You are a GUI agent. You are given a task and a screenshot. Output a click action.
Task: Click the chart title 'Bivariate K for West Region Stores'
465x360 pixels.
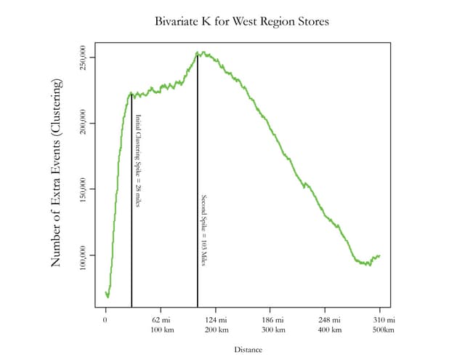click(x=242, y=21)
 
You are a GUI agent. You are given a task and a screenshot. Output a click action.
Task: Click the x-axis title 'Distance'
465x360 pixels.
click(x=248, y=349)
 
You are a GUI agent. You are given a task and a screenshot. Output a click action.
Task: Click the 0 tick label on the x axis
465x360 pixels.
click(x=106, y=320)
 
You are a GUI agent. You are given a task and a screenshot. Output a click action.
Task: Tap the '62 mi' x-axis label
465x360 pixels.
click(x=161, y=320)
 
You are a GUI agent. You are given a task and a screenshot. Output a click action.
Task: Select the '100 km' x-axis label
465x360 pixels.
click(x=161, y=330)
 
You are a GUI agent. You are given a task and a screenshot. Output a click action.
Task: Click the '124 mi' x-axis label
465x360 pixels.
click(x=217, y=320)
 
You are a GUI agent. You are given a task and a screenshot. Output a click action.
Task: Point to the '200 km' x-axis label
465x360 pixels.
click(x=217, y=330)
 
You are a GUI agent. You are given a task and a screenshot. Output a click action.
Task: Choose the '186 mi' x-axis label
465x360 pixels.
click(x=271, y=320)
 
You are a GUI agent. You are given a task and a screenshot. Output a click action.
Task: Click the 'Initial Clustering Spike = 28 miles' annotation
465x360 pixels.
click(x=138, y=152)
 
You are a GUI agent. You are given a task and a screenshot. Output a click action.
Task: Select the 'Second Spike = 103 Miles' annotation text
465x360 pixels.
click(x=204, y=231)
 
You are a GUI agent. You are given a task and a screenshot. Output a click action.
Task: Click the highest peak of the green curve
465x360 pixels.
click(x=197, y=52)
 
